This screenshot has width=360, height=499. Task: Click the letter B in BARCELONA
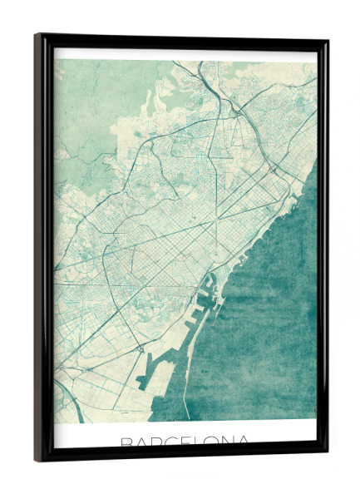(127, 442)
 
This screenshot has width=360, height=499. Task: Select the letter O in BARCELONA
(215, 442)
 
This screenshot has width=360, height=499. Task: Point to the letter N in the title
(232, 442)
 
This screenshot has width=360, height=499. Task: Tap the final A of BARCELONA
(248, 442)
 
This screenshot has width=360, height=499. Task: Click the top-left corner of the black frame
(36, 35)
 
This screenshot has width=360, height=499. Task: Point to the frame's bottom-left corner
(36, 460)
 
